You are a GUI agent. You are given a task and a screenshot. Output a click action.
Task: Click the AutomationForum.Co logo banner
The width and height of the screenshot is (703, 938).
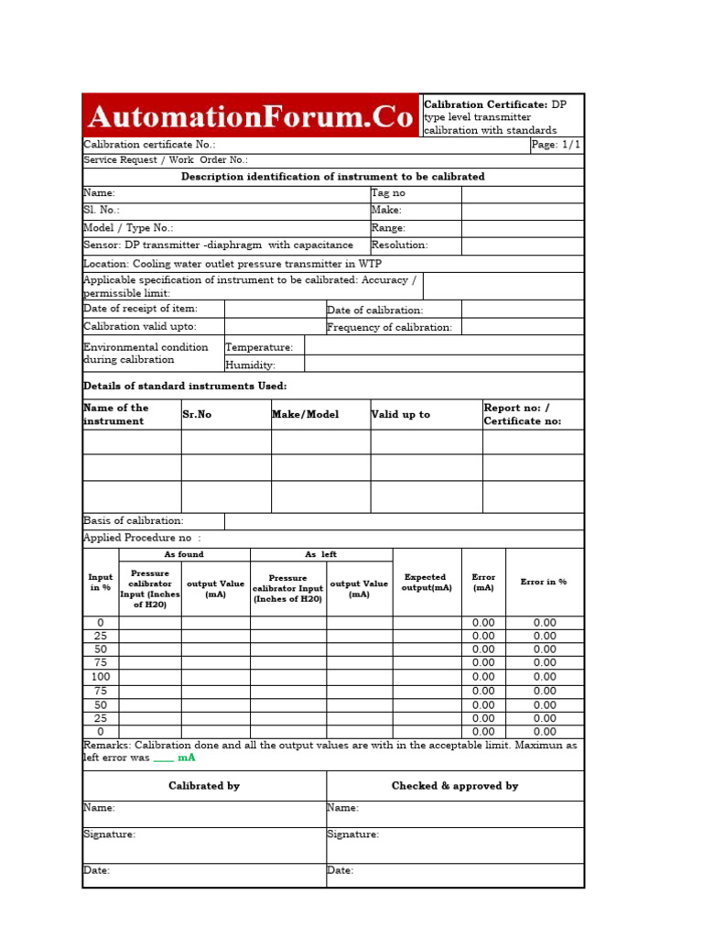(x=250, y=117)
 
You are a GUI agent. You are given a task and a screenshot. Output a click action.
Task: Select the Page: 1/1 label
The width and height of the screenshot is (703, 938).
(x=556, y=145)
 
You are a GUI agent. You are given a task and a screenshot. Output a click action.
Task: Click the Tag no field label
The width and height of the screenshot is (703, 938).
(x=388, y=193)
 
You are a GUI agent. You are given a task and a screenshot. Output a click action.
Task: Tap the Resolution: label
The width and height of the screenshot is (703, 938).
(x=399, y=245)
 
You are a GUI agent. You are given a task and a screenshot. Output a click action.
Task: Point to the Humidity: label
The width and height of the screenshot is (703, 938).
(x=250, y=365)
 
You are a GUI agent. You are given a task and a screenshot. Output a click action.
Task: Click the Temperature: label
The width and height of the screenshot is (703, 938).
(x=259, y=347)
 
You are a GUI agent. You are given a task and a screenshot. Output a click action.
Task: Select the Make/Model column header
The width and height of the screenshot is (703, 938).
(x=305, y=415)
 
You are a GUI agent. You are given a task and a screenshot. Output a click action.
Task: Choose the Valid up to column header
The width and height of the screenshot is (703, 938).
(x=400, y=415)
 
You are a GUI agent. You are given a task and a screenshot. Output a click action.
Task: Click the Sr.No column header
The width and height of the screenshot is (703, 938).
(x=197, y=415)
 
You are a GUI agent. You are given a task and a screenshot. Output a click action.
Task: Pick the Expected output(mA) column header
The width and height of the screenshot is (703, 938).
(x=427, y=583)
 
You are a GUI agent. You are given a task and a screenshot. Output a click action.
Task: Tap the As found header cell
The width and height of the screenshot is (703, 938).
(x=184, y=555)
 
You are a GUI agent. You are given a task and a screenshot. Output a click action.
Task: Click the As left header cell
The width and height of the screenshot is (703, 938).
(x=321, y=555)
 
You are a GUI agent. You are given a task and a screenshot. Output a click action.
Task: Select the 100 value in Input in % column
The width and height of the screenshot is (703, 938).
(x=101, y=676)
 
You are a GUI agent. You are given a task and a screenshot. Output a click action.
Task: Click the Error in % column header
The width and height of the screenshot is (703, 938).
(x=544, y=583)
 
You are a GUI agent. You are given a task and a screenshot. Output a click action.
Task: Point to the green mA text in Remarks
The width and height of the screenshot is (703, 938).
(x=187, y=758)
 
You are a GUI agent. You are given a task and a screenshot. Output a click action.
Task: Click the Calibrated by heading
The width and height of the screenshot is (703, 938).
(x=204, y=786)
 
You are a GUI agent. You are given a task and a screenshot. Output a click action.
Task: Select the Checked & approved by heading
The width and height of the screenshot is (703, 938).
(x=455, y=786)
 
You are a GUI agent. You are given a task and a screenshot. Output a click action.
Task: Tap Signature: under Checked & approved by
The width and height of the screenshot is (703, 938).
(x=353, y=834)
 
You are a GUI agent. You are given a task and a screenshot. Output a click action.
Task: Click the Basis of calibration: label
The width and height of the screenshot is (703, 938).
(x=134, y=520)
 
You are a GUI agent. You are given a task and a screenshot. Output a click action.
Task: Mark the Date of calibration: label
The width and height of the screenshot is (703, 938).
(x=374, y=311)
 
